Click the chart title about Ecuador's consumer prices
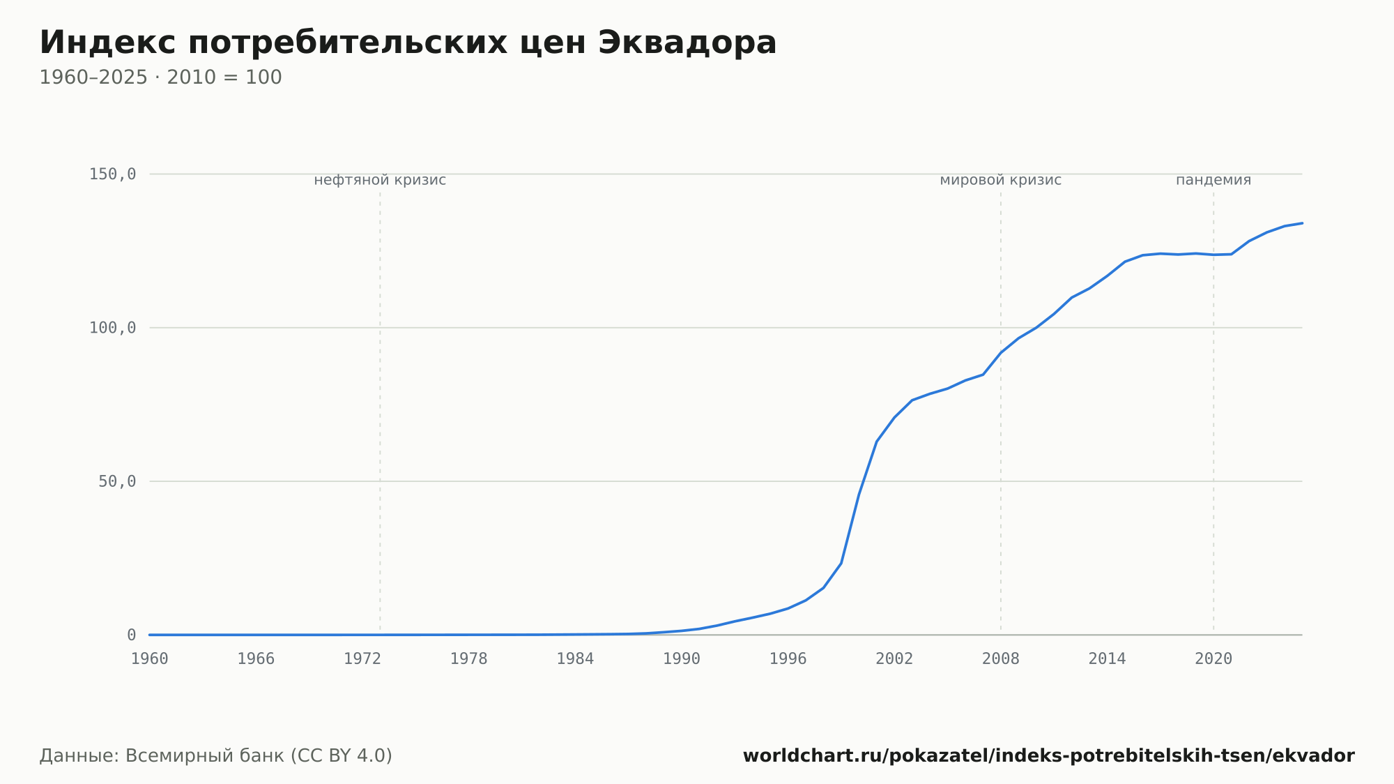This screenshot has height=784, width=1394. [x=408, y=43]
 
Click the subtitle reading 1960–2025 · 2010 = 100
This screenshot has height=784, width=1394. [x=160, y=77]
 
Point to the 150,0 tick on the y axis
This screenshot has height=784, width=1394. [x=112, y=174]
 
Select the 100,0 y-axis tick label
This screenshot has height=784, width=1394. [x=112, y=328]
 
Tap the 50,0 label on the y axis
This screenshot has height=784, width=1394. [x=117, y=481]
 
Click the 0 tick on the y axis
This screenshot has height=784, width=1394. [x=131, y=635]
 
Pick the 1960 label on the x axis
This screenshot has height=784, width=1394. [x=150, y=659]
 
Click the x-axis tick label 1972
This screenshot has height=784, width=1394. [x=362, y=659]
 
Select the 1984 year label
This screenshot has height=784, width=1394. [x=575, y=659]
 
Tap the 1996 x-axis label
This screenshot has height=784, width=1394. [x=788, y=659]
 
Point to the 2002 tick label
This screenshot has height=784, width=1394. [x=894, y=659]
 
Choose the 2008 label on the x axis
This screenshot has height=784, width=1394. [x=1001, y=659]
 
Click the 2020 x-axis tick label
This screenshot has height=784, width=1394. [x=1213, y=659]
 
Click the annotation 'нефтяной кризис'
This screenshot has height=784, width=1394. [x=380, y=180]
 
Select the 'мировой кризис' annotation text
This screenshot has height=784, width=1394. [x=1001, y=180]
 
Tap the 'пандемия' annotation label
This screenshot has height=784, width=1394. [x=1213, y=180]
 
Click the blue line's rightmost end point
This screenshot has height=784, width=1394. [x=1302, y=223]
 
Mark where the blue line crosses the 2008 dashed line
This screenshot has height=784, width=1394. [x=1001, y=352]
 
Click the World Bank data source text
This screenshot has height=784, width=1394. [x=216, y=755]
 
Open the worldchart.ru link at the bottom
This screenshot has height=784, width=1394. [x=1049, y=755]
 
